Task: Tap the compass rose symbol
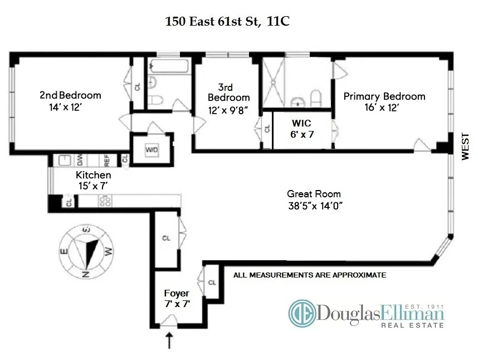click(x=86, y=251)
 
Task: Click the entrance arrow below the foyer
click(x=169, y=340)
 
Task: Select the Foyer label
click(x=176, y=293)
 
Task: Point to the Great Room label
click(x=314, y=194)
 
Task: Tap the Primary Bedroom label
click(x=384, y=96)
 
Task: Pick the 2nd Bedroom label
click(x=70, y=95)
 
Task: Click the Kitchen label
click(x=89, y=175)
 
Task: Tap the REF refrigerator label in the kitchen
click(x=107, y=160)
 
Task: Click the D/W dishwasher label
click(x=80, y=160)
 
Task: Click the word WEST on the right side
click(x=466, y=147)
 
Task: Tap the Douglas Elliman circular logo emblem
click(x=301, y=314)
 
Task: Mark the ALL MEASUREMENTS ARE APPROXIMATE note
click(x=310, y=275)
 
